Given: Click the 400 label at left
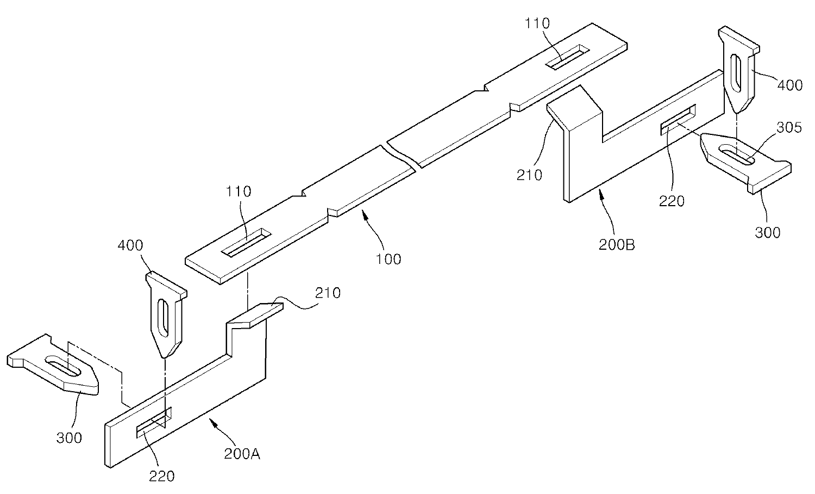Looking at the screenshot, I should [x=130, y=245].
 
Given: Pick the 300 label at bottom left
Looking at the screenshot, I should [x=69, y=437].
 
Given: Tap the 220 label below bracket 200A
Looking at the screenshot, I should [x=162, y=476].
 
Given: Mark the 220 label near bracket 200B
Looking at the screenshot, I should [x=672, y=201].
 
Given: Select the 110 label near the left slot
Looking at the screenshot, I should [x=239, y=191].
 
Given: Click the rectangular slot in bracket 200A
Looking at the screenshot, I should [x=154, y=421].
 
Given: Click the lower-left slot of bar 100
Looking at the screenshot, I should [x=248, y=242].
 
